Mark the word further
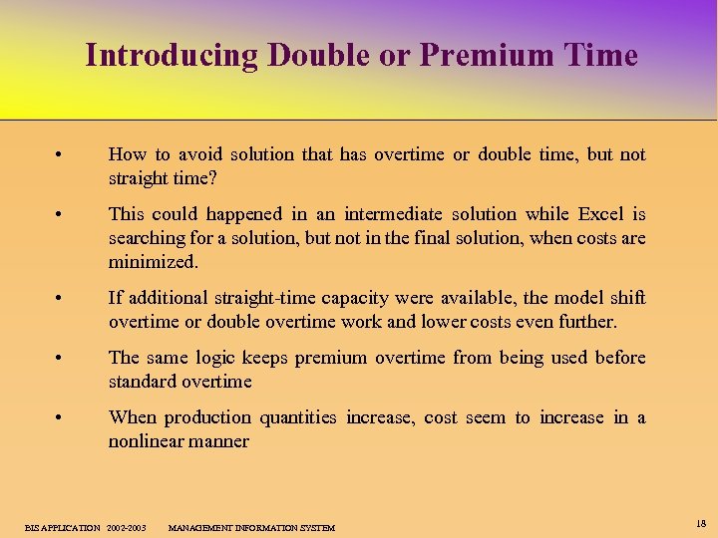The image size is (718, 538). tap(588, 322)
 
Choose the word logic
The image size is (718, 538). tap(260, 358)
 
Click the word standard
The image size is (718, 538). tap(143, 382)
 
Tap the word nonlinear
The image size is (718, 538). tap(146, 441)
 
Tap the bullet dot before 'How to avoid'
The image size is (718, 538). tap(61, 155)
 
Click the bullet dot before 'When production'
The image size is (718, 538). tap(61, 418)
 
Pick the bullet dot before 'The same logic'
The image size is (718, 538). tap(61, 359)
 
